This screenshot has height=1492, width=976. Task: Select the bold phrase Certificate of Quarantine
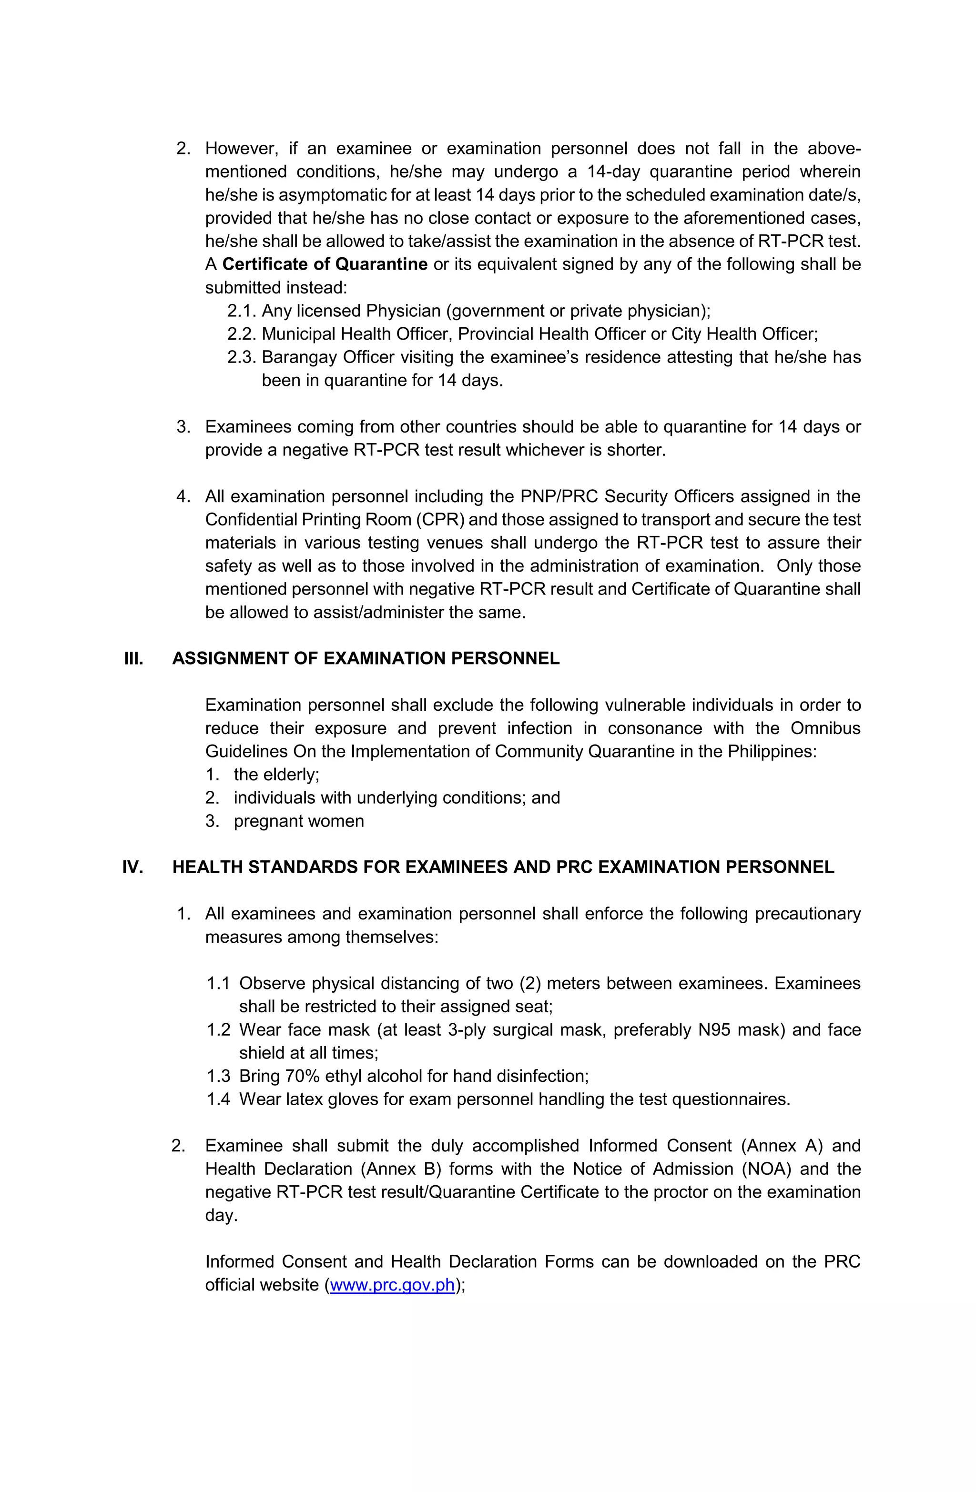point(325,264)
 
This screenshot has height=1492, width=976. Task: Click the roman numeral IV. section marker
point(133,867)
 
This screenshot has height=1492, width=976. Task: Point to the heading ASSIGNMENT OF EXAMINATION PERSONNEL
point(366,658)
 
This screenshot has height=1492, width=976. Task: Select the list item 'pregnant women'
point(299,821)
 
